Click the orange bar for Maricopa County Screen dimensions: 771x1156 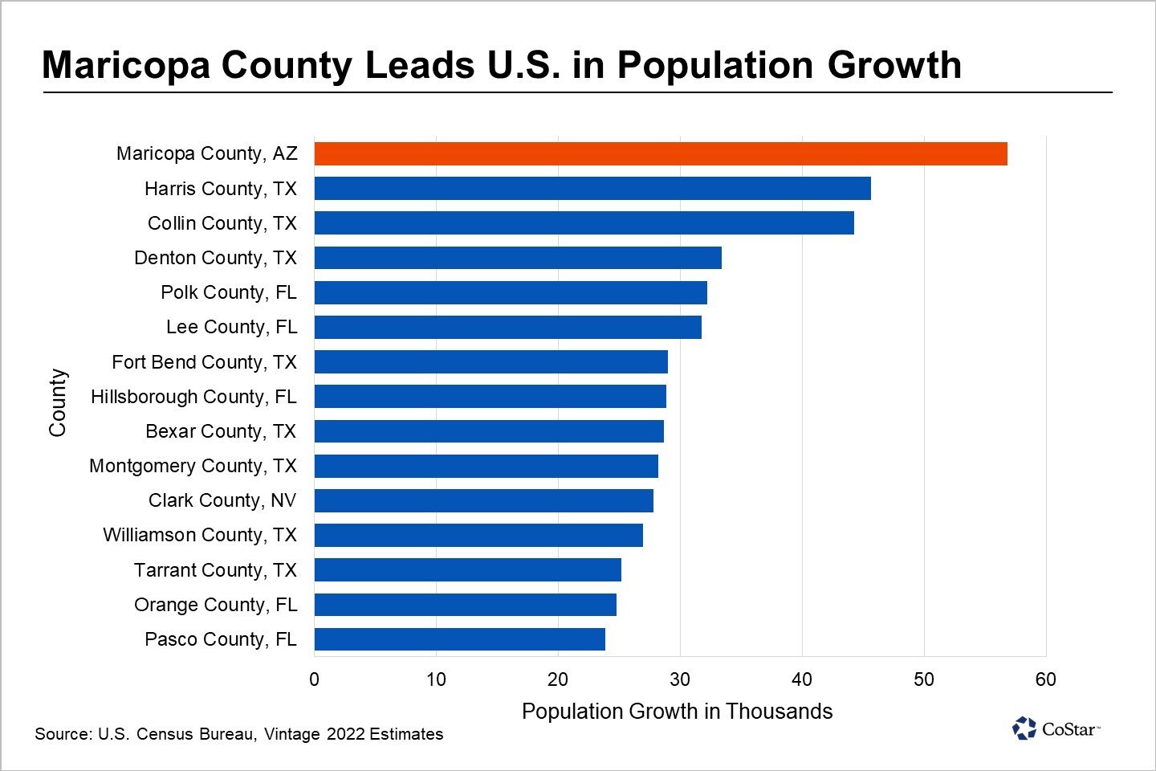(660, 153)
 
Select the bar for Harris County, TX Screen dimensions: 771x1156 (592, 189)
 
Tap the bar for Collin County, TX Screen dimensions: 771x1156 (584, 223)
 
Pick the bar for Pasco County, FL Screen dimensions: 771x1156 (459, 639)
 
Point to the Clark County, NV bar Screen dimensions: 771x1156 (483, 500)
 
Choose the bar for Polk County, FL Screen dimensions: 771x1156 (511, 292)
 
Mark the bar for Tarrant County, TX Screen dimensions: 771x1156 (467, 570)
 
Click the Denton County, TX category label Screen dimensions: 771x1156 (215, 258)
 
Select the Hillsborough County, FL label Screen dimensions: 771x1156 (193, 397)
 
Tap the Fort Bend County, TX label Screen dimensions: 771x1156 (204, 362)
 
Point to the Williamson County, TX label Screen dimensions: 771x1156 (200, 535)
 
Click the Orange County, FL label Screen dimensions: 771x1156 (215, 605)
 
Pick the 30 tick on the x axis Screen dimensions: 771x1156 (679, 679)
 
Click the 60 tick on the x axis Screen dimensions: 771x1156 (1045, 679)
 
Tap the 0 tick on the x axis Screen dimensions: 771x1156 (314, 679)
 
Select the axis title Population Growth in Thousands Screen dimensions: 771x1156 (677, 712)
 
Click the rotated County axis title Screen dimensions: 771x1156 (58, 402)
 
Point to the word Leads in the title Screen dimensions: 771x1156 (419, 65)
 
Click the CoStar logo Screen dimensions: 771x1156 (1056, 728)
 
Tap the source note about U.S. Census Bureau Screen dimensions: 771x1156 (238, 734)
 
